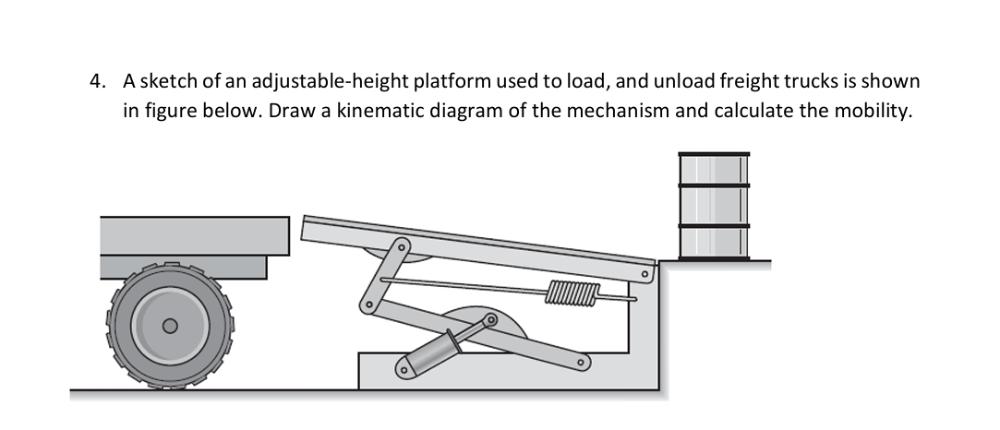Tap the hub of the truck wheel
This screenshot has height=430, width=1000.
click(x=169, y=326)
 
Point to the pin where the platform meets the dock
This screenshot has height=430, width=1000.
click(x=646, y=272)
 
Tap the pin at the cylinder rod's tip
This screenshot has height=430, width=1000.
click(x=490, y=319)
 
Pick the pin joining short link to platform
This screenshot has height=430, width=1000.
click(x=400, y=247)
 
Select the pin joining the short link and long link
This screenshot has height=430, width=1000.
click(x=367, y=304)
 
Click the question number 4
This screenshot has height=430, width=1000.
click(x=96, y=82)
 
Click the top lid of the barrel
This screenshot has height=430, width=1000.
click(x=714, y=155)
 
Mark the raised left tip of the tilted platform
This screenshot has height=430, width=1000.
click(x=306, y=221)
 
